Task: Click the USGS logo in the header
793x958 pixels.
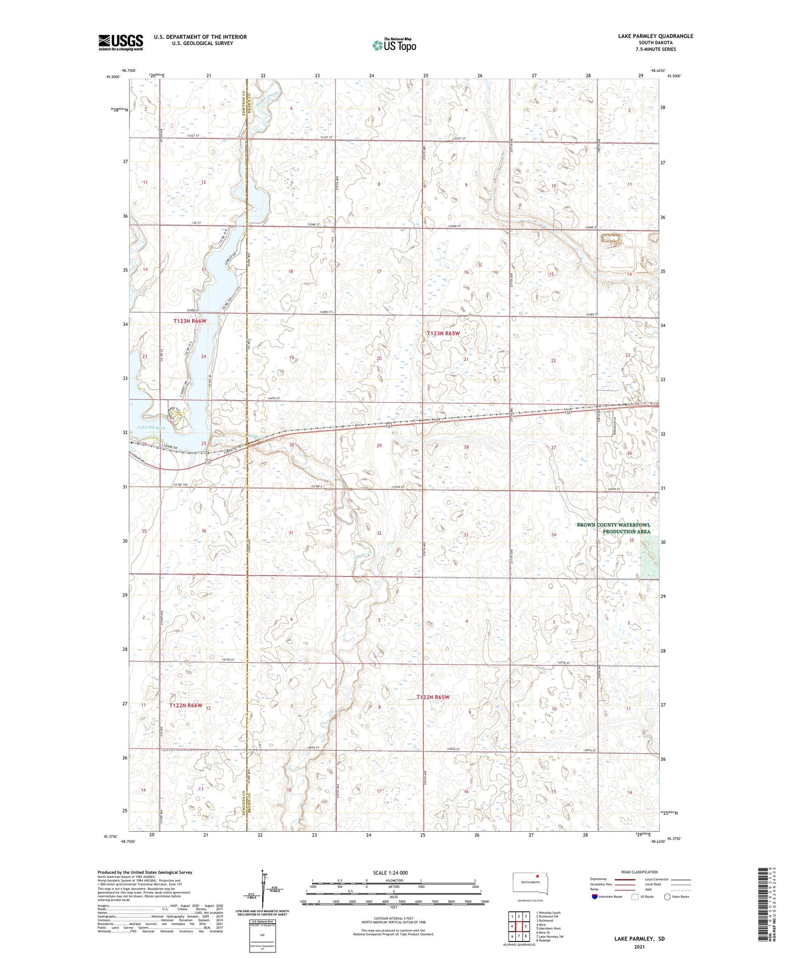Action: point(121,42)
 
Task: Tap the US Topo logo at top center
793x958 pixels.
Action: point(394,45)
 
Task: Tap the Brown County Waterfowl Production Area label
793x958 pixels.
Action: point(613,528)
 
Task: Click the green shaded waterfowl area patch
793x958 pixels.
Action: point(650,557)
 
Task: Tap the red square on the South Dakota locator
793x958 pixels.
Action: point(538,876)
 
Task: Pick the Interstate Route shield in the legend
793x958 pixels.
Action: point(594,897)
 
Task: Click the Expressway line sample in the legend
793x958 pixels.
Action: point(625,880)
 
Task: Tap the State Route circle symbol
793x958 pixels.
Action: point(667,897)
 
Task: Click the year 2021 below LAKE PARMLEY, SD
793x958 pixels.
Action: point(639,946)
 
